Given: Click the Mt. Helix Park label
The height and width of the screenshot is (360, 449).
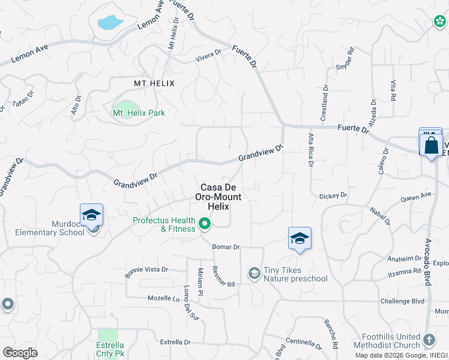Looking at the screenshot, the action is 139,113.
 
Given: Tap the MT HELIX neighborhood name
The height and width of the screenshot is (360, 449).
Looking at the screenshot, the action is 154,83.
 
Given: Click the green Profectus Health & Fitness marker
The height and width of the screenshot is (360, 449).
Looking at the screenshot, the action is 205,224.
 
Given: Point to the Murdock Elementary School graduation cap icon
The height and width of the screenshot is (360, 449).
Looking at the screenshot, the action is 91,215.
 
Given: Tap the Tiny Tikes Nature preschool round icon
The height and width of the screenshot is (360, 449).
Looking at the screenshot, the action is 255,274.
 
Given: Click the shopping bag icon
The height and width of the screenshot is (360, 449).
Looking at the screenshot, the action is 432,145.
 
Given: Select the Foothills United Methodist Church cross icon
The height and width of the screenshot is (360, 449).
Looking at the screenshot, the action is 429,340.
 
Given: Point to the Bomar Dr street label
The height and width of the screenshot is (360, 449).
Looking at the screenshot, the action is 226,247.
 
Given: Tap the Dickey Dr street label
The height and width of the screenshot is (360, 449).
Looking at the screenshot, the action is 333,196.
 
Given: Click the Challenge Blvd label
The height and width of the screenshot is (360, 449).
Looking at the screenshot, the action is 402,301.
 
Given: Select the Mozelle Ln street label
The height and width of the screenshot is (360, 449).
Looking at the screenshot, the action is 164,298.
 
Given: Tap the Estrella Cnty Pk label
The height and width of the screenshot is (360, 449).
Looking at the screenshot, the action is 110,349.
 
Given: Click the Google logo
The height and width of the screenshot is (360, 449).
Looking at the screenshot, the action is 20,353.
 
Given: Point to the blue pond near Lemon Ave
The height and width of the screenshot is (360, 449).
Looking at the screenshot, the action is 110,23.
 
